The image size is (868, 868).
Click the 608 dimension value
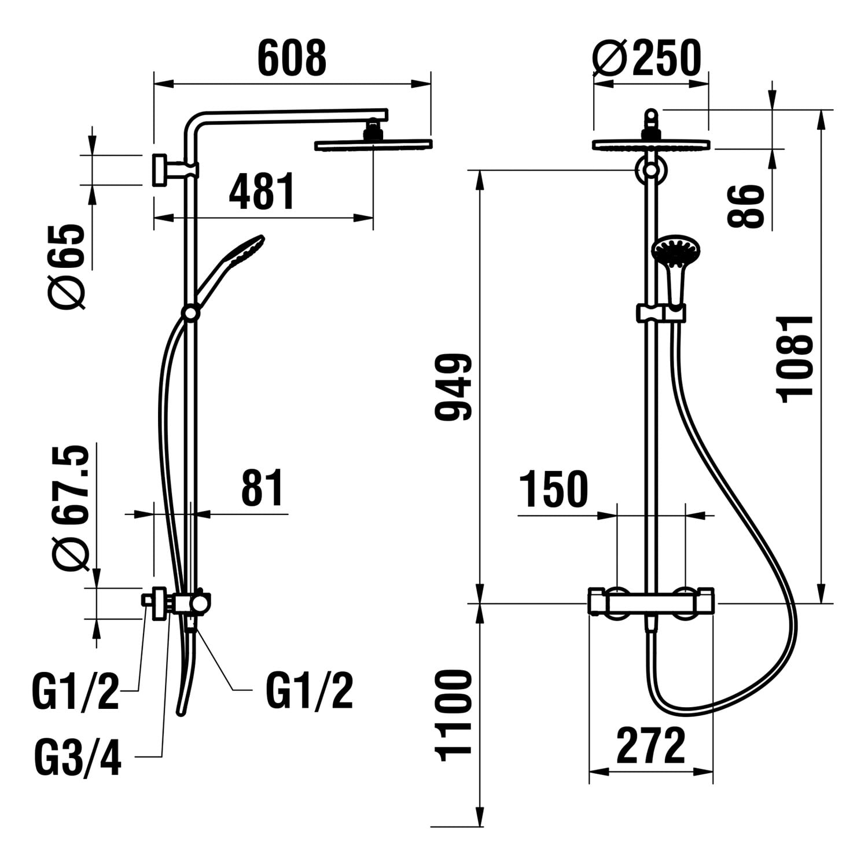(x=292, y=58)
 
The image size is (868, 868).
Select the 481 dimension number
(x=262, y=191)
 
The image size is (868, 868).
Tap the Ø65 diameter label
(x=68, y=267)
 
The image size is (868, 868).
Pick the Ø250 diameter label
(x=647, y=58)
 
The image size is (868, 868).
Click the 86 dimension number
(x=745, y=206)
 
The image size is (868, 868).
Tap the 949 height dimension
(x=455, y=387)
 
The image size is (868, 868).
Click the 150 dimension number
(x=553, y=490)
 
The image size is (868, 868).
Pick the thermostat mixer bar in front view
(x=651, y=602)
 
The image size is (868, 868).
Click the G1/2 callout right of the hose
(x=309, y=691)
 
